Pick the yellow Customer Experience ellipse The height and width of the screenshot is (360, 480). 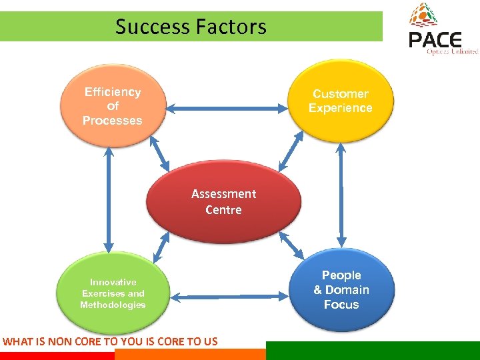[x=340, y=100]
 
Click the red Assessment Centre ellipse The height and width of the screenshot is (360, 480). [x=224, y=202]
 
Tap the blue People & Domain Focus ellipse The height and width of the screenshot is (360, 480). [x=341, y=290]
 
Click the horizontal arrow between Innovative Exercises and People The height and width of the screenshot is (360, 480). [x=227, y=295]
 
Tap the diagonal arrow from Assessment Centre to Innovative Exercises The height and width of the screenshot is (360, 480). [x=160, y=248]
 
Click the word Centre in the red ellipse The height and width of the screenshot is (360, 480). [x=224, y=210]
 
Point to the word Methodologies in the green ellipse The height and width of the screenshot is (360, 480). [x=113, y=305]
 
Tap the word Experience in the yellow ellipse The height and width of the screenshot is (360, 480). [x=340, y=108]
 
